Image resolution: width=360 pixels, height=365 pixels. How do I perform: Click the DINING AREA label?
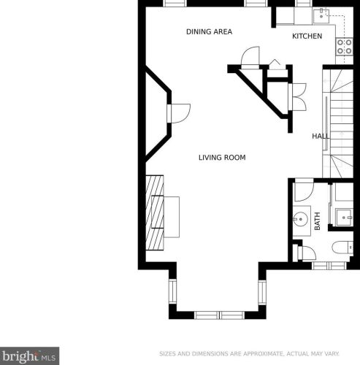(x=209, y=31)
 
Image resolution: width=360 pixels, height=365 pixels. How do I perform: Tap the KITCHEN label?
(x=307, y=36)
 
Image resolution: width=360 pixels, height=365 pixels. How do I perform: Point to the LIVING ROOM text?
(x=222, y=158)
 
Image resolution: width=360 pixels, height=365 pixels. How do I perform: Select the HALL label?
(x=321, y=136)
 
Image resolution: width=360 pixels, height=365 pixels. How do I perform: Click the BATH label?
(x=317, y=221)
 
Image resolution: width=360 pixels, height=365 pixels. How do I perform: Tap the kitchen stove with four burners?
(x=345, y=47)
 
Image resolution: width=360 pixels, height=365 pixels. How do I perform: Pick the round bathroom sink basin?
(x=300, y=219)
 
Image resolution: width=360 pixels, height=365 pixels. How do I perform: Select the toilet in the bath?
(x=342, y=247)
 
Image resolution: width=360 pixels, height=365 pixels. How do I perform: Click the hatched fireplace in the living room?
(x=155, y=212)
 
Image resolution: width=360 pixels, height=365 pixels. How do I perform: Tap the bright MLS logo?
(x=29, y=356)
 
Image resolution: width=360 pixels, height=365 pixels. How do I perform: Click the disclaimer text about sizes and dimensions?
(x=249, y=353)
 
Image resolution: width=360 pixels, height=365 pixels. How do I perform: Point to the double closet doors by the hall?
(x=297, y=97)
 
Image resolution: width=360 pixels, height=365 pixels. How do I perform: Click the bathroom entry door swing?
(x=303, y=191)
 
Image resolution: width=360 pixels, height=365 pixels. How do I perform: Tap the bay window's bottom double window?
(x=220, y=315)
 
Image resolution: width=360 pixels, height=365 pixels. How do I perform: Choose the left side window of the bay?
(x=172, y=291)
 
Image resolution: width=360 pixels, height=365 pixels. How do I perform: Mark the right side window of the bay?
(x=262, y=292)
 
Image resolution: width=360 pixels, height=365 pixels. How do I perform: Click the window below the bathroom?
(x=329, y=266)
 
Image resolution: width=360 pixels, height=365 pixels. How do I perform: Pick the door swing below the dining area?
(x=250, y=56)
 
